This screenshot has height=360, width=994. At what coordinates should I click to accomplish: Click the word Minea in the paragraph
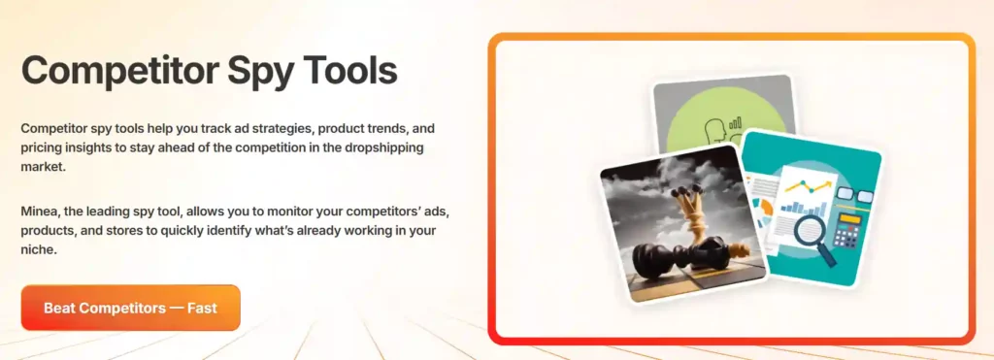[40, 211]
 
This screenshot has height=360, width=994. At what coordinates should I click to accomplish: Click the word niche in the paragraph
[40, 249]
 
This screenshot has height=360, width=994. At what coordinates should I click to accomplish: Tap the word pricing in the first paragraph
[42, 147]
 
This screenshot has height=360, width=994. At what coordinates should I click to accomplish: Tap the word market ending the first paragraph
[42, 167]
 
